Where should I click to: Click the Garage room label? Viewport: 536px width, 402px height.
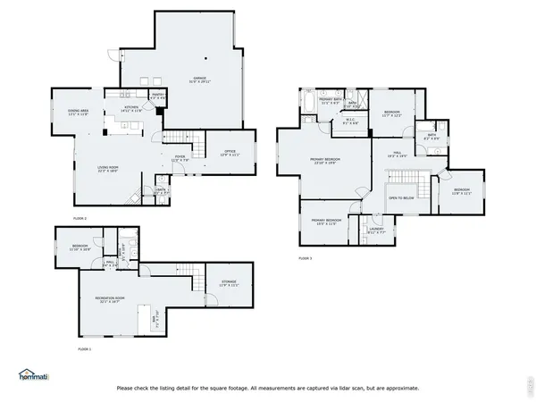click(198, 80)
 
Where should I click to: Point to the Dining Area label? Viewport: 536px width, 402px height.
click(78, 113)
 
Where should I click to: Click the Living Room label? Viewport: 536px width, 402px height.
click(108, 168)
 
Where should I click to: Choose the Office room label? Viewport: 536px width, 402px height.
click(230, 153)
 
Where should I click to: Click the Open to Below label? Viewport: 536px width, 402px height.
click(401, 197)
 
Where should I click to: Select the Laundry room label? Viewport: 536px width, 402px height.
click(376, 230)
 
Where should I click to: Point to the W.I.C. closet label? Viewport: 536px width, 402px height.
click(351, 120)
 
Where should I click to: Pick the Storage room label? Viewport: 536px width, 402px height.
click(230, 284)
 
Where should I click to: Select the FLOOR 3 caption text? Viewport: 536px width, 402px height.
click(306, 258)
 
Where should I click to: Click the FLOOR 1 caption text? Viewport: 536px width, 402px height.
click(84, 348)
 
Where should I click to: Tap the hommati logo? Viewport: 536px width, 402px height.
click(35, 375)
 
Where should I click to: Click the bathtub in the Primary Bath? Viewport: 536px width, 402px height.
click(308, 106)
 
